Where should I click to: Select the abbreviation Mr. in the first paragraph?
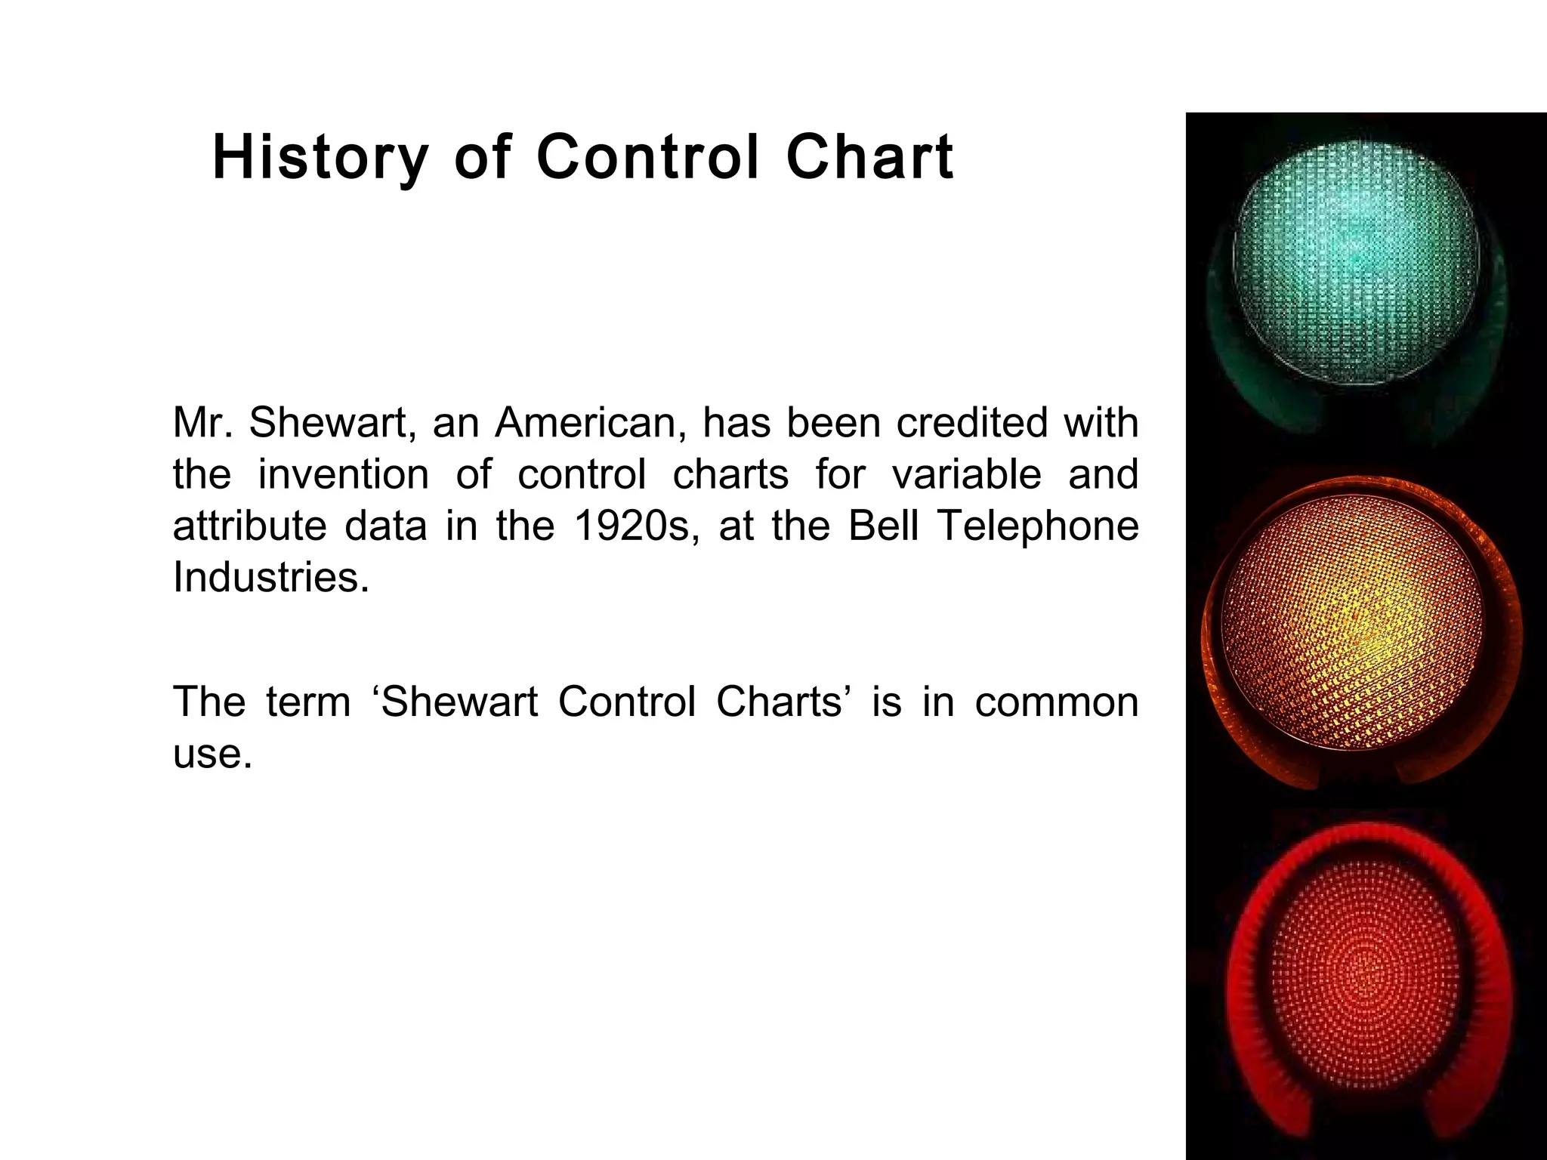(202, 422)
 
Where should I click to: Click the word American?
(590, 422)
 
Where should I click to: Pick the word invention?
(344, 474)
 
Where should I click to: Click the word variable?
(966, 474)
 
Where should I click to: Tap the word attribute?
(249, 526)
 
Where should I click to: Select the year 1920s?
(632, 526)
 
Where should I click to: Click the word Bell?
(884, 526)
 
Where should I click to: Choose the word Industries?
(270, 578)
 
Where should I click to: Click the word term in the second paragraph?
(308, 702)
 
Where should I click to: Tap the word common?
(1056, 702)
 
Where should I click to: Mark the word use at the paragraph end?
(211, 754)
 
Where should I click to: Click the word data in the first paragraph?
(385, 526)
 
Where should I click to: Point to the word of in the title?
(483, 158)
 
